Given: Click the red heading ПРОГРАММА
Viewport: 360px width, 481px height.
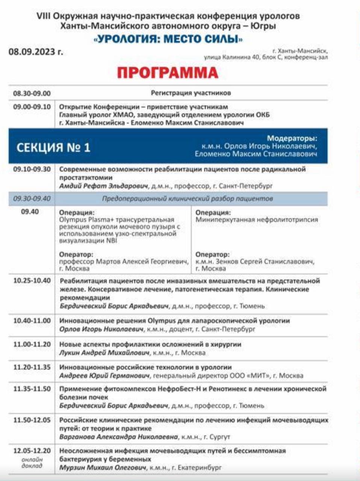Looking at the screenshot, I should (x=168, y=73).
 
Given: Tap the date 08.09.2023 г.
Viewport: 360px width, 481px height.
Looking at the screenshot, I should (x=36, y=52).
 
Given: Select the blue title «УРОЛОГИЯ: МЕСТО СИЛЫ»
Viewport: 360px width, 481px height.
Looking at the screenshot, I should (x=168, y=38).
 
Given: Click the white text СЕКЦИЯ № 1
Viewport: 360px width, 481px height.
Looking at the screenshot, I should (x=53, y=147).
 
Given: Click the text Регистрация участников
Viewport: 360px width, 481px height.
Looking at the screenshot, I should (x=191, y=93).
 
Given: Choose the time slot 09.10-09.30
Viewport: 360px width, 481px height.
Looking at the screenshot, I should (x=32, y=169).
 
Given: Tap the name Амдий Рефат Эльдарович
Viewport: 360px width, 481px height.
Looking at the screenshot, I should (x=104, y=186).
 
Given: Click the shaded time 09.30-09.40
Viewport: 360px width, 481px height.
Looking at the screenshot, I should (x=32, y=198).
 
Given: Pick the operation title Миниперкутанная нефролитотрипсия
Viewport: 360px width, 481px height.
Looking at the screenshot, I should (x=257, y=220).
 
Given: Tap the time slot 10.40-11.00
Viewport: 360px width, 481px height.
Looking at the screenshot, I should (x=32, y=321).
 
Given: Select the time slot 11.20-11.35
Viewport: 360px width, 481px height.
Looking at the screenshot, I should (x=32, y=367).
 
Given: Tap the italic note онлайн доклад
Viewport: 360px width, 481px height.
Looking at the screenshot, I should (x=32, y=463).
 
